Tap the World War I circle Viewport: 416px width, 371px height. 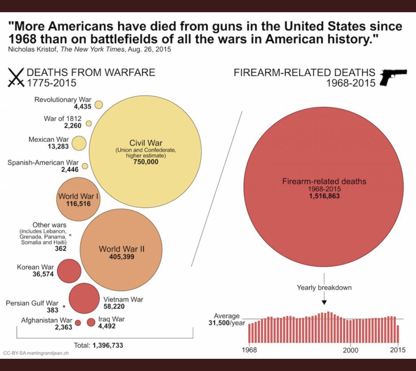pos(78,199)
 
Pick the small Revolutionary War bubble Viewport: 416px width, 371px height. pos(99,105)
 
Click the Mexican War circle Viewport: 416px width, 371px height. pos(79,143)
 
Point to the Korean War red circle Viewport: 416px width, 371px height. pos(69,271)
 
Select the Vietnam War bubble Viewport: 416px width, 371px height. pos(84,298)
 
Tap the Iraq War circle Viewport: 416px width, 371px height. pos(91,322)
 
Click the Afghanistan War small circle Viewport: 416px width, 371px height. pos(78,323)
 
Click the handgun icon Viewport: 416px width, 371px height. pos(393,77)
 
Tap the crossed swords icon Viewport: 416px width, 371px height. pos(16,77)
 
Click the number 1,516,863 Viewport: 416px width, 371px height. pos(324,196)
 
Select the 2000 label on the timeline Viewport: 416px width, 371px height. pos(350,350)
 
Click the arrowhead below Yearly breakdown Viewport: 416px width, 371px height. pos(324,302)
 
